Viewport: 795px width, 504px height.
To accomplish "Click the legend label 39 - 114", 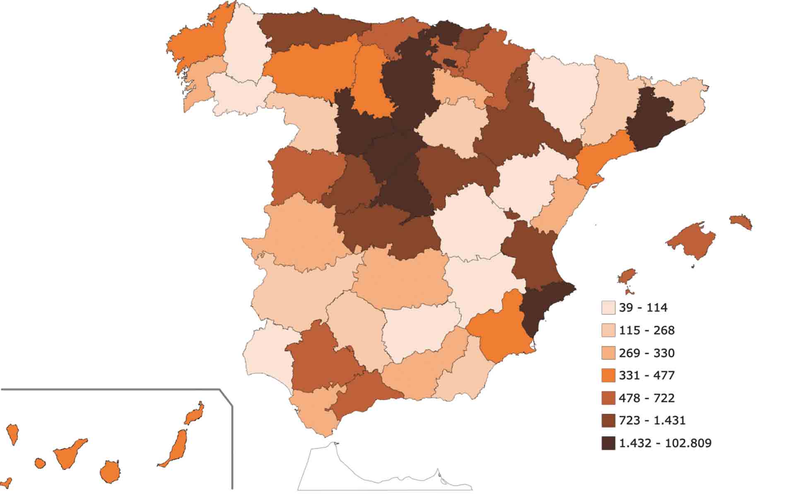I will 643,308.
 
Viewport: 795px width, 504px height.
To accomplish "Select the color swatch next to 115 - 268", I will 608,330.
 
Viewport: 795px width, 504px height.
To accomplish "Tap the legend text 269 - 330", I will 647,353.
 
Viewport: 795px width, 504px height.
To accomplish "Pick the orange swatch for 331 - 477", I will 608,376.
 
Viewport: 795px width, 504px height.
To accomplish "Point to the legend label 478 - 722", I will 647,398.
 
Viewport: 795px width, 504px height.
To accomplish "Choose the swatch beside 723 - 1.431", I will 608,421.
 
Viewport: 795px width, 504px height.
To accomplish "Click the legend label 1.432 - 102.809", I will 665,444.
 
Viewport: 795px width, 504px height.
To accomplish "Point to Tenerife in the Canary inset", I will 68,454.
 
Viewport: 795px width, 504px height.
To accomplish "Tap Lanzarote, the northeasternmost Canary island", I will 194,413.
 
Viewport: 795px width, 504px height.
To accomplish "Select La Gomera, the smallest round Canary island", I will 40,463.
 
